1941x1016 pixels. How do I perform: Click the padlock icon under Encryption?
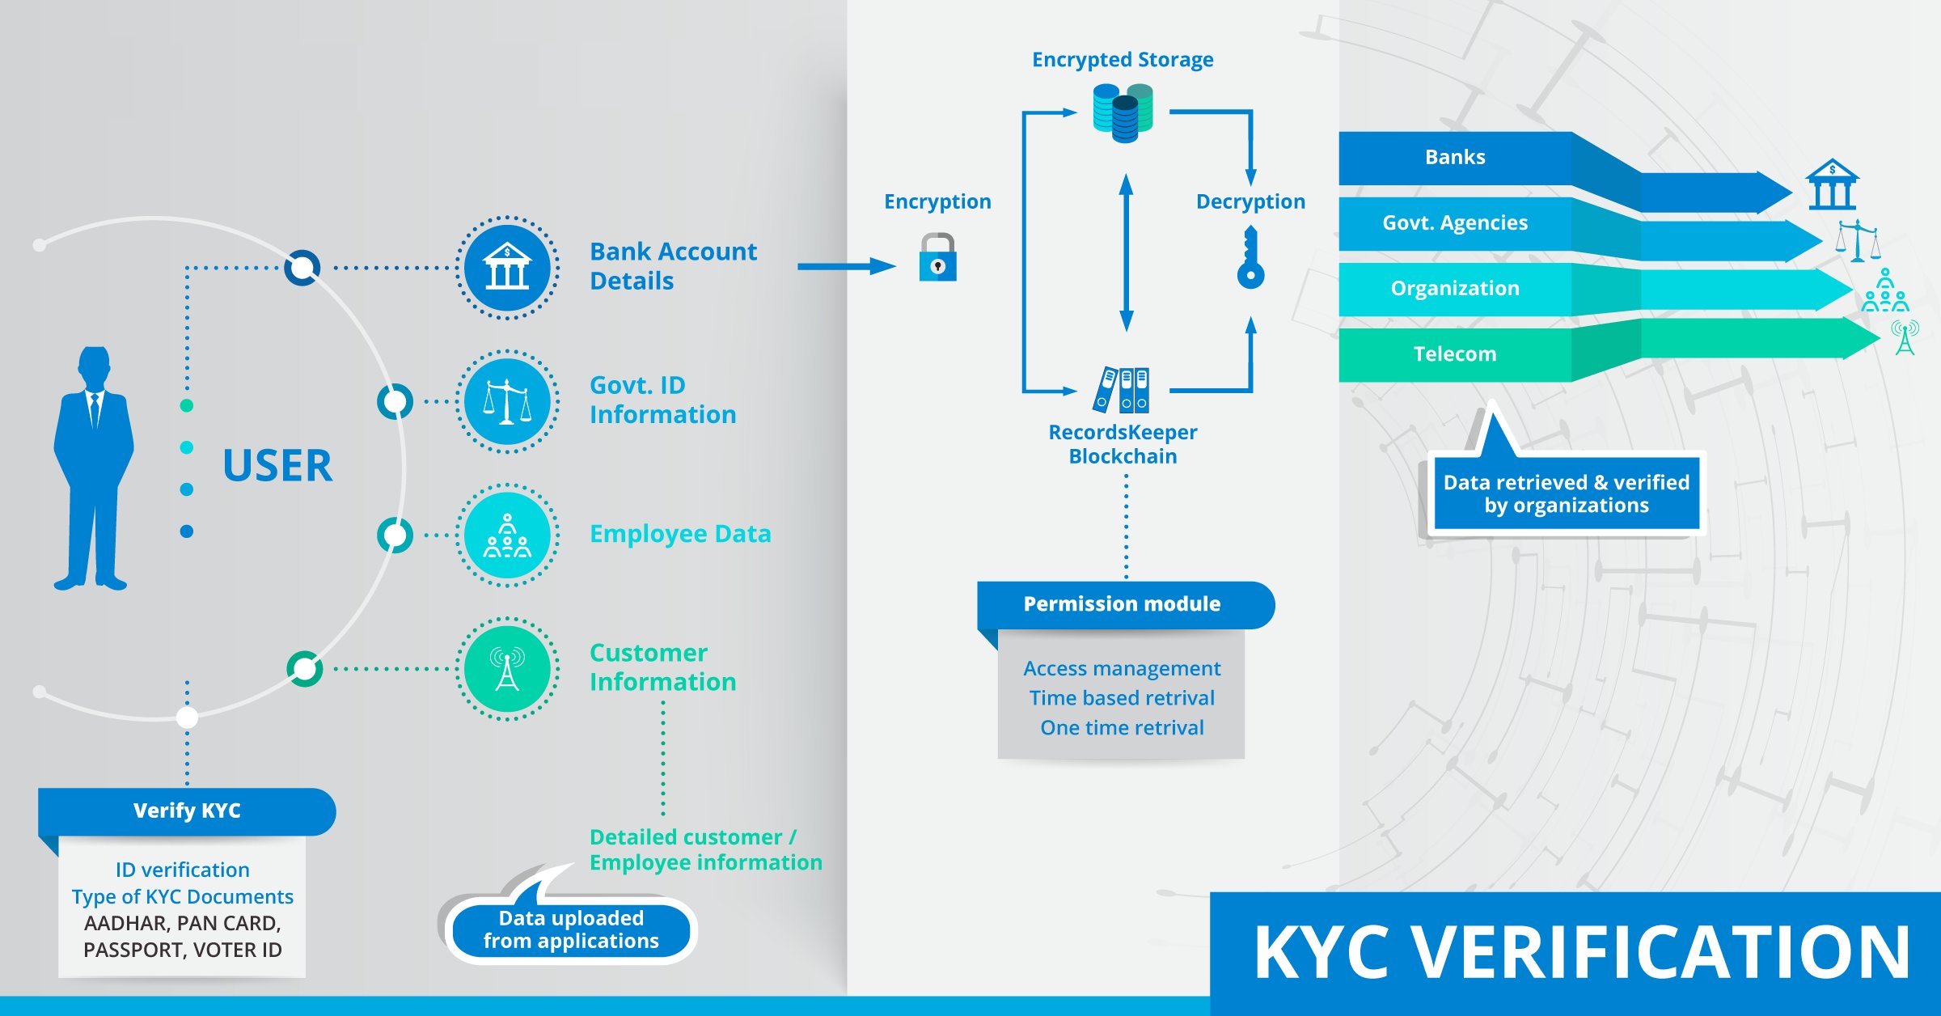click(937, 257)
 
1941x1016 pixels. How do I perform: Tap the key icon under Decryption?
click(1250, 257)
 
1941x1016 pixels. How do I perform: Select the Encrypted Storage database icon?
click(1123, 112)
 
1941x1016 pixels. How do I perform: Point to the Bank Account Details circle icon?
click(507, 268)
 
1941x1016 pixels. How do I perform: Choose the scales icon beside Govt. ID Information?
click(507, 401)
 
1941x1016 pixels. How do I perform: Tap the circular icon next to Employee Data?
click(507, 535)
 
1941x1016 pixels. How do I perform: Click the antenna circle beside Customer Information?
click(507, 669)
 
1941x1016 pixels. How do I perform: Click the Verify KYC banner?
click(187, 811)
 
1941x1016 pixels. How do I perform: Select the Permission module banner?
click(1126, 604)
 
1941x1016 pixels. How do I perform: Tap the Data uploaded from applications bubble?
click(571, 929)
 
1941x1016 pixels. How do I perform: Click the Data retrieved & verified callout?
click(1567, 493)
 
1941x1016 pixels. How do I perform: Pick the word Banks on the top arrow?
click(1455, 157)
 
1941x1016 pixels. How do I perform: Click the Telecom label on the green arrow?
click(1455, 353)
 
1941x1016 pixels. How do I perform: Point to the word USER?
click(277, 466)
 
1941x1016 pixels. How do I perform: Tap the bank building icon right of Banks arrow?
click(1832, 184)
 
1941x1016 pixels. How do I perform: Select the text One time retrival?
click(1122, 728)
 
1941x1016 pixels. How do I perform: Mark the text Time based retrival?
click(1122, 698)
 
